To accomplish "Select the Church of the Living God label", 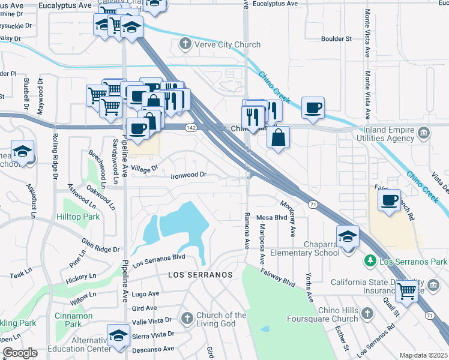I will coord(222,320).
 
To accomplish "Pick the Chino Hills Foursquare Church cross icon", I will coord(368,313).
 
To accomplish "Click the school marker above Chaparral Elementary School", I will coord(348,236).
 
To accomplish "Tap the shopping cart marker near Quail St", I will coord(408,291).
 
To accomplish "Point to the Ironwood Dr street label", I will coord(188,175).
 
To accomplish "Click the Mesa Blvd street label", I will coord(272,217).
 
